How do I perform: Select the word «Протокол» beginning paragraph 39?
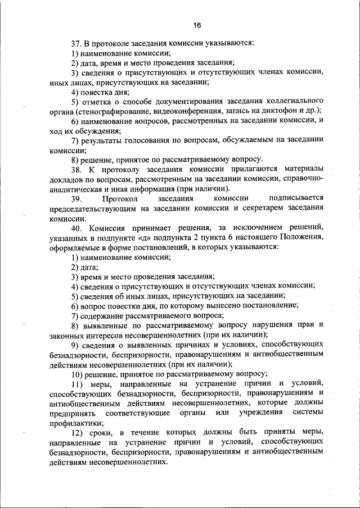click(x=120, y=198)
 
